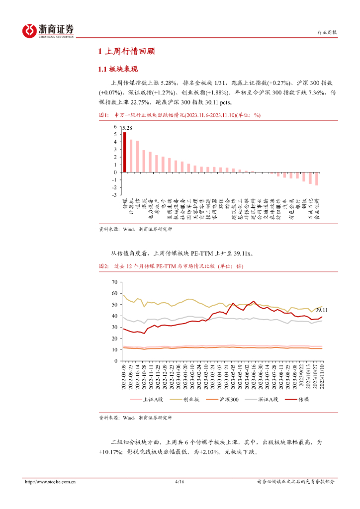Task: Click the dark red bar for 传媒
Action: [125, 152]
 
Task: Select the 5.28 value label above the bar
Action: [128, 128]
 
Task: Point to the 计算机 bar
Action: [131, 156]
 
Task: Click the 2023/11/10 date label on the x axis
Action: [322, 377]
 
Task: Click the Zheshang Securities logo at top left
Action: [48, 31]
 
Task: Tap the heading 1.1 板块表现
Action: [118, 69]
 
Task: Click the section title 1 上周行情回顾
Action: [126, 51]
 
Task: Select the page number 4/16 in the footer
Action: [180, 482]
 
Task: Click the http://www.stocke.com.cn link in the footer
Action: [50, 482]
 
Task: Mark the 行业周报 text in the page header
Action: [327, 32]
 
